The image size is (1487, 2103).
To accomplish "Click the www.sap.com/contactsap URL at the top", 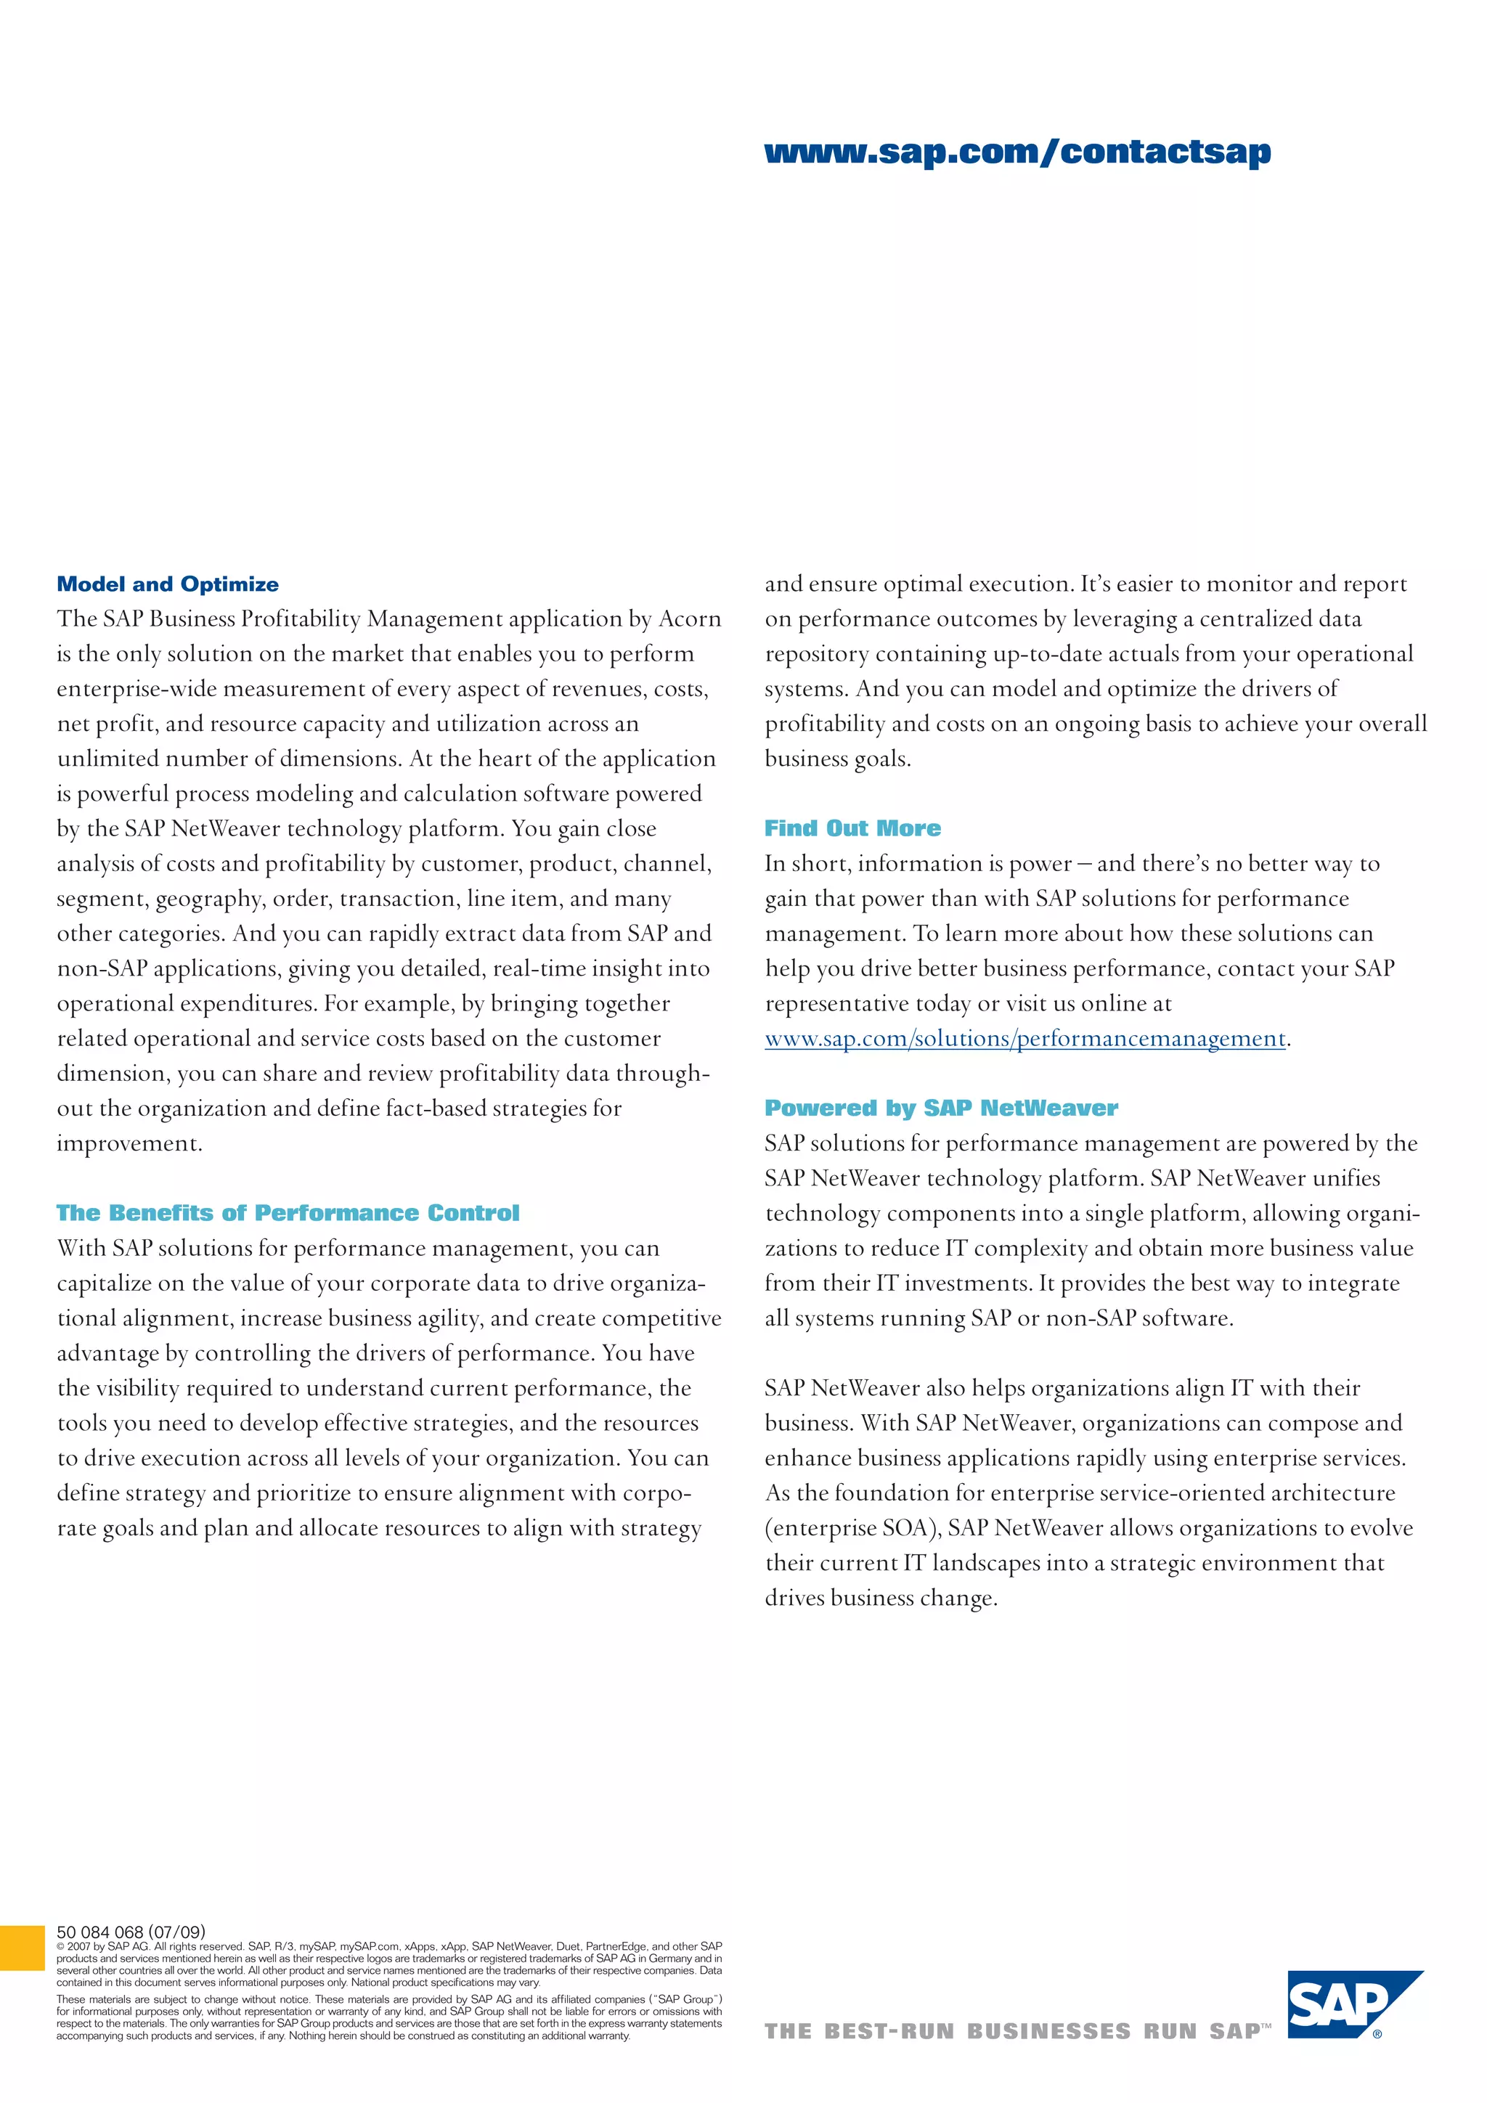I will (x=1017, y=152).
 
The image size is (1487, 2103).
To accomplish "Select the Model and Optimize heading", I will (x=168, y=584).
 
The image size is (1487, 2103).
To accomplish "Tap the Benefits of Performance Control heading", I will (x=288, y=1213).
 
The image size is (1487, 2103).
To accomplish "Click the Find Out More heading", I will (x=852, y=828).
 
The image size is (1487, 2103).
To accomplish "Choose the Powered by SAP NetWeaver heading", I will (x=941, y=1108).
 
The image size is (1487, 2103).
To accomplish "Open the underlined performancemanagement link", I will (x=1025, y=1039).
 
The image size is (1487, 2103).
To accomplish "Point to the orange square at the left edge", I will (x=22, y=1948).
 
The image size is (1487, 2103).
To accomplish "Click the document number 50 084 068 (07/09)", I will (x=131, y=1932).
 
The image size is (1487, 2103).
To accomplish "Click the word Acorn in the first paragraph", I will (x=690, y=619).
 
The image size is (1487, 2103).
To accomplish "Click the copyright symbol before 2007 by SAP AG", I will (x=60, y=1946).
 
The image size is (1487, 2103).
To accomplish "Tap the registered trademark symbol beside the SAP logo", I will (x=1377, y=2034).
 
